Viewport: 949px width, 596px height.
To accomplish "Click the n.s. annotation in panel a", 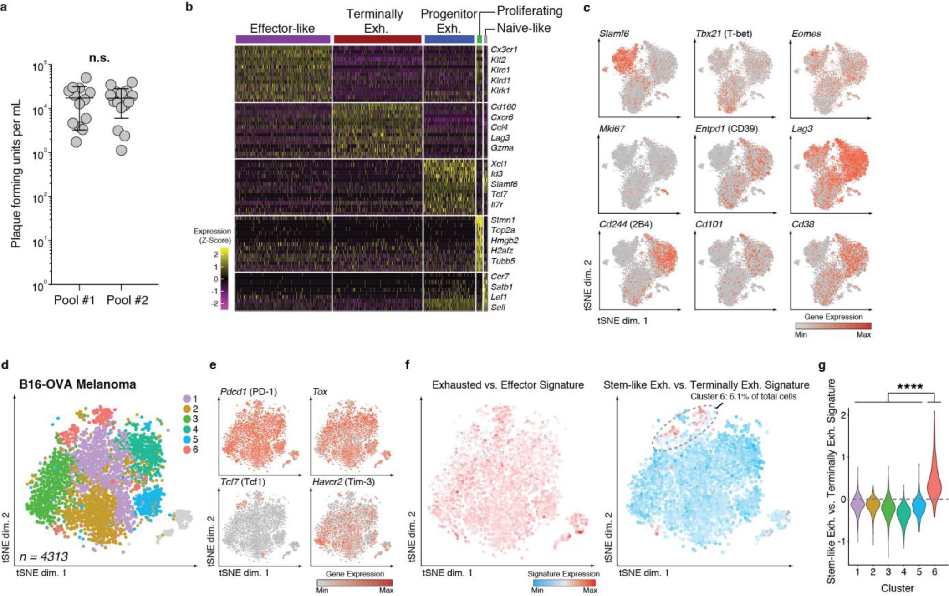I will click(x=99, y=59).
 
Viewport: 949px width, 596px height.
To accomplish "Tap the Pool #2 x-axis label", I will click(x=127, y=300).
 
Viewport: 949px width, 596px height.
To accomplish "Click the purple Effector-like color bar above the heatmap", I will click(x=283, y=40).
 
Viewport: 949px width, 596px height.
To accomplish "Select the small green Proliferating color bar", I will click(x=479, y=40).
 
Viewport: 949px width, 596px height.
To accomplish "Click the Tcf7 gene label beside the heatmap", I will click(x=499, y=195).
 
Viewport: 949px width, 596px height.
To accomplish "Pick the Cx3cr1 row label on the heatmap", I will click(x=504, y=50).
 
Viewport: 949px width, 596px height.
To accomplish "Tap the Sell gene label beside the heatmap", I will click(x=498, y=308).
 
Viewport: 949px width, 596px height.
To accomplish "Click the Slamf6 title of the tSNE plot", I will click(x=614, y=34).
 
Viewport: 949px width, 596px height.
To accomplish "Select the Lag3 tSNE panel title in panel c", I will click(x=802, y=129).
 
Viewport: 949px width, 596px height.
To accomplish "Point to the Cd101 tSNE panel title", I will click(x=709, y=225).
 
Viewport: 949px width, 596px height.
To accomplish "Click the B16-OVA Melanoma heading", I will click(x=77, y=385).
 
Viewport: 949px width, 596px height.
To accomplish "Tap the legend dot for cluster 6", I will click(x=186, y=450).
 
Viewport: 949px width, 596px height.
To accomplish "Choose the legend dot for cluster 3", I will click(x=186, y=419).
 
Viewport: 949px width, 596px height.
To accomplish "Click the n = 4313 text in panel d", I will click(x=44, y=556).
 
